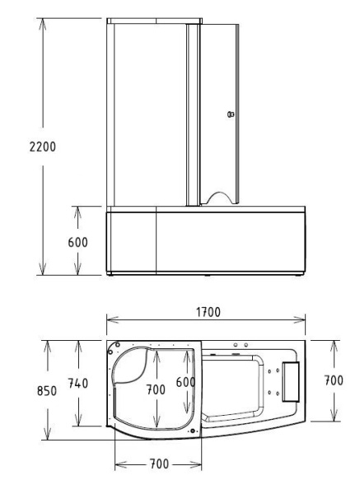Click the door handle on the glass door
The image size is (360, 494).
click(231, 114)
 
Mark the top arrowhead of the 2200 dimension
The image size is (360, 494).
click(41, 18)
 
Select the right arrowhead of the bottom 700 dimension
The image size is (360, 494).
click(198, 465)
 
